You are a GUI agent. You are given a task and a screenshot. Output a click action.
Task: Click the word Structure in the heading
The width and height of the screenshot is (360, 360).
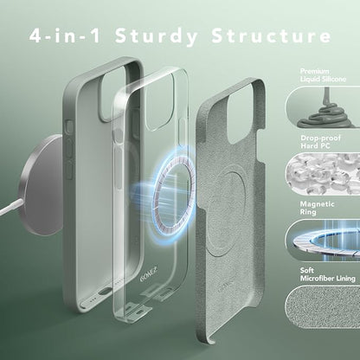pyautogui.click(x=271, y=35)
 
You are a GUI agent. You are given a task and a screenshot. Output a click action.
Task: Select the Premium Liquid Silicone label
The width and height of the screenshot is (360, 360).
pyautogui.click(x=323, y=75)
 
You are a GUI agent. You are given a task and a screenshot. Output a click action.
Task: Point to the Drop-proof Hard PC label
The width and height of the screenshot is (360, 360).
pyautogui.click(x=320, y=142)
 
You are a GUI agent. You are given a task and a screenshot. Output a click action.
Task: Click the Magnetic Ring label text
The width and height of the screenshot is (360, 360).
pyautogui.click(x=317, y=208)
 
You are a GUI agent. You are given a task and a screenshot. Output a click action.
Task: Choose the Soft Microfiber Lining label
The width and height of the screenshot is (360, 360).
pyautogui.click(x=327, y=274)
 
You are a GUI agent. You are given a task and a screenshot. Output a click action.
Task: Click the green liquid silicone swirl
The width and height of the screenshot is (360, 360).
pyautogui.click(x=326, y=111)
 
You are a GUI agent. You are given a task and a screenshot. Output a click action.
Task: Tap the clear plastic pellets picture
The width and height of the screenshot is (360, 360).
pyautogui.click(x=323, y=174)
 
